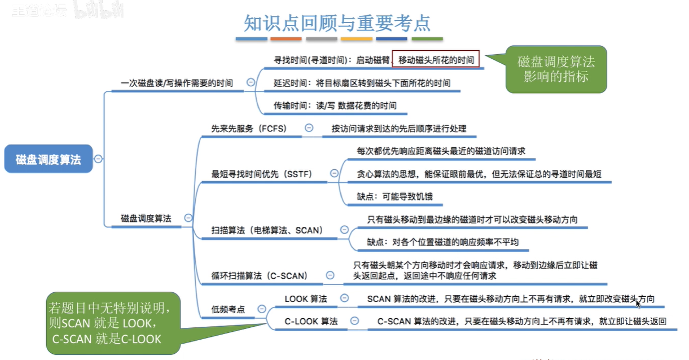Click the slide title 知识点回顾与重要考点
click(337, 22)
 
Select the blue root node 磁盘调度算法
click(48, 159)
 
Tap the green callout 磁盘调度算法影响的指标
click(556, 69)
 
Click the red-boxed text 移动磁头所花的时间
click(436, 59)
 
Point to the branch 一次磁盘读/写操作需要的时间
click(177, 83)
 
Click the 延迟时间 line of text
click(362, 83)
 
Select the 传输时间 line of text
click(335, 106)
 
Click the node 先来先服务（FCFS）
click(249, 129)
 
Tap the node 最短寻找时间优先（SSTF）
click(262, 173)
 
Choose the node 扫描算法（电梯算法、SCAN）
click(267, 230)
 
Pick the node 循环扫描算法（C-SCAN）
click(260, 275)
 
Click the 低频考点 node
click(229, 309)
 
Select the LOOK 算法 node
click(305, 298)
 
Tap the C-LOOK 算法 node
click(311, 321)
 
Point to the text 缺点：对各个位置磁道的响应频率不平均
click(443, 242)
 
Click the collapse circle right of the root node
click(98, 159)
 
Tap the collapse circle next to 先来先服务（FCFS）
click(309, 128)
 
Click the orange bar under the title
click(286, 39)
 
